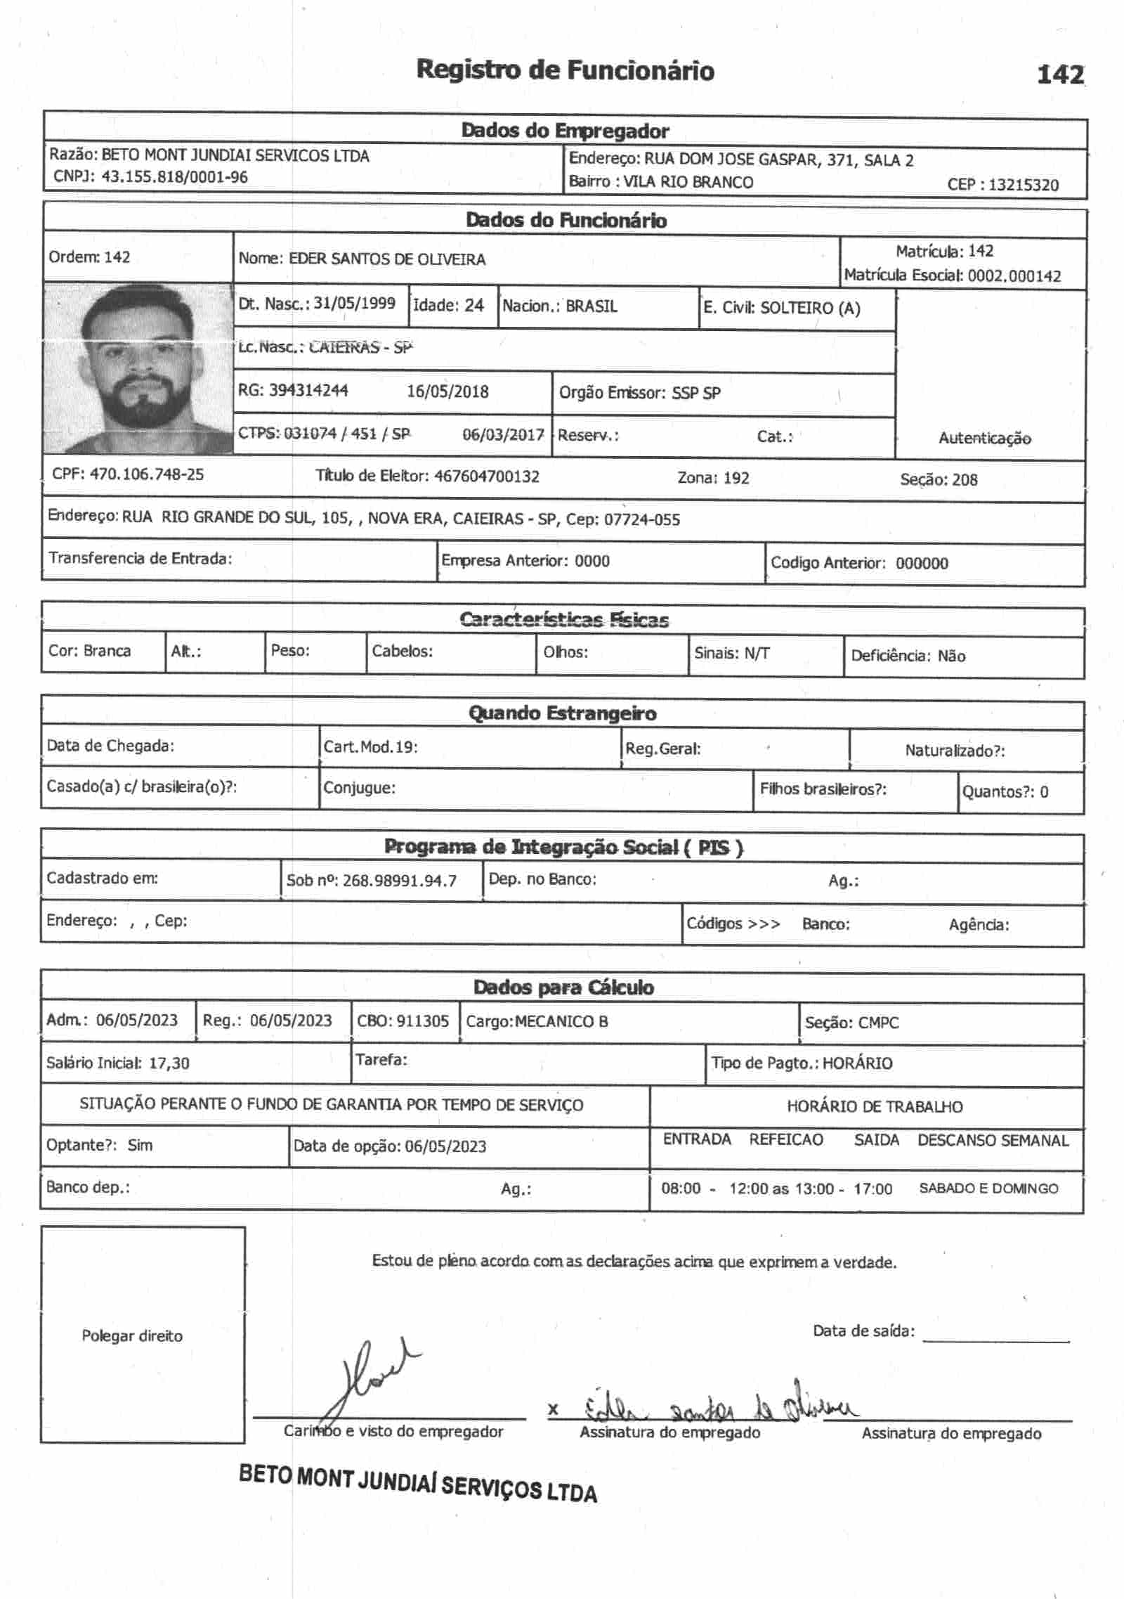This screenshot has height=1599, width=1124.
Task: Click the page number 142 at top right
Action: click(1060, 74)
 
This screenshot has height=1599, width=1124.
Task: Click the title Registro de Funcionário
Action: click(565, 70)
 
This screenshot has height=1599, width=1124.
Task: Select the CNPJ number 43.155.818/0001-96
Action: click(174, 177)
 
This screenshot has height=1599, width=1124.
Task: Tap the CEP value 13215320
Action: click(1023, 185)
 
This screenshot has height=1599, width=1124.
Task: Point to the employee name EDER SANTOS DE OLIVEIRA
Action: click(387, 259)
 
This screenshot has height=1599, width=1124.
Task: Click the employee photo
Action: click(138, 368)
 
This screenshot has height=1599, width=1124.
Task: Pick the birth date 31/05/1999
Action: click(354, 303)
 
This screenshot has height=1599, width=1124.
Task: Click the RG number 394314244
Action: click(308, 390)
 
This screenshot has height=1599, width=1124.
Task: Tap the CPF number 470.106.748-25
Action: click(147, 474)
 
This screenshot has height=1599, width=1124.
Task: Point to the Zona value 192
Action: click(736, 479)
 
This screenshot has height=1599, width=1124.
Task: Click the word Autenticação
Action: click(984, 439)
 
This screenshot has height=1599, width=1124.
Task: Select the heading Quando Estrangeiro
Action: click(562, 713)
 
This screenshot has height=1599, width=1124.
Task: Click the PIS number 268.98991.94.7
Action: click(399, 881)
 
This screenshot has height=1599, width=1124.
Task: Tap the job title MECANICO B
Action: click(561, 1021)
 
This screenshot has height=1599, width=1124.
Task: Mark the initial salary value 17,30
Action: click(169, 1063)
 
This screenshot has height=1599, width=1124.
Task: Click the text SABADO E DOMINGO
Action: click(988, 1189)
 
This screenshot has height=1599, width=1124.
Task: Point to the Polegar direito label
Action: click(132, 1336)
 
